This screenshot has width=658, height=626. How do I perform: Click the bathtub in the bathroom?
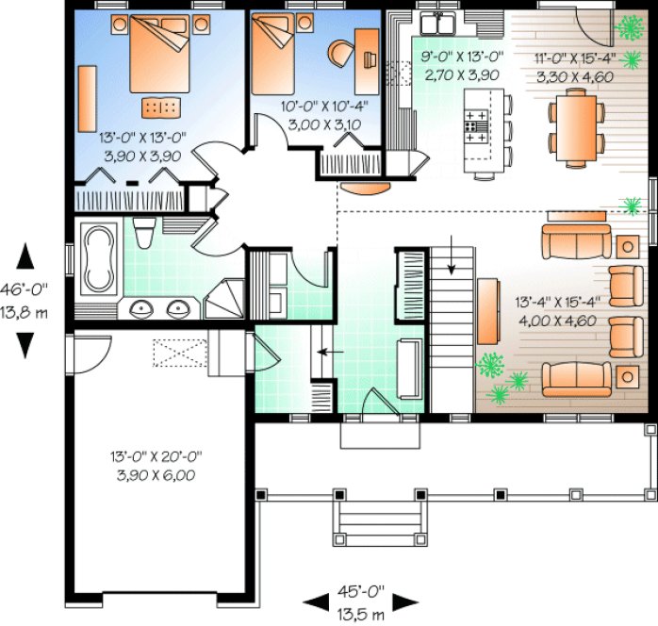97,257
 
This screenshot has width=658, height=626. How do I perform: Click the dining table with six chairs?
576,126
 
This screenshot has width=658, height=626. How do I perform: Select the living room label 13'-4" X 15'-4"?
557,310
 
